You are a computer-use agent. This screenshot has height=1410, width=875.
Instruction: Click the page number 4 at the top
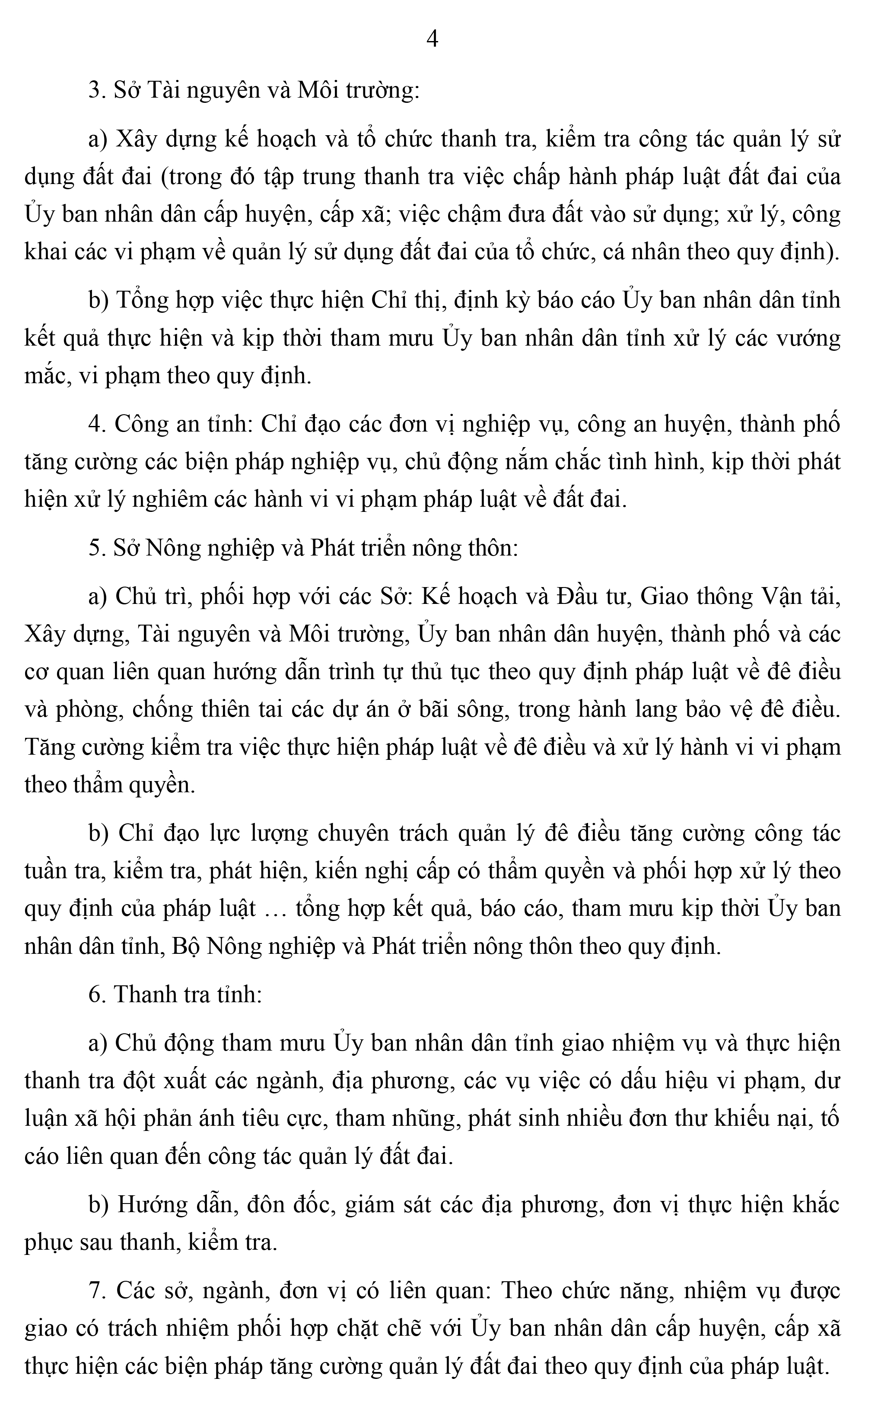coord(432,39)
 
